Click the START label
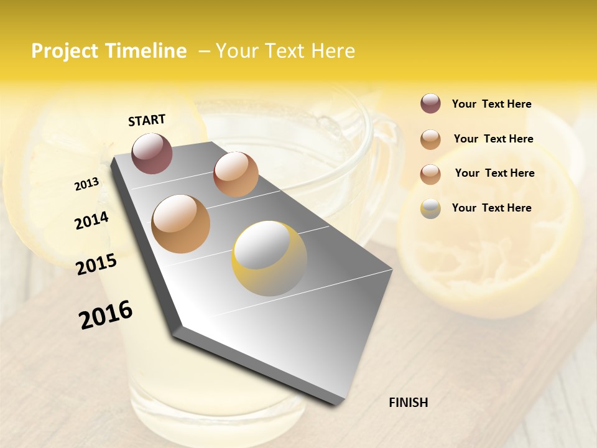coord(147,120)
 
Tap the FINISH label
coord(408,403)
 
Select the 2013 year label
coord(86,184)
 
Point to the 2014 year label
coord(91,221)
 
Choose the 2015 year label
coord(96,264)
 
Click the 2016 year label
coord(106,314)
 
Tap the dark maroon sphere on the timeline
coord(152,153)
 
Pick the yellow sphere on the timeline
coord(269,258)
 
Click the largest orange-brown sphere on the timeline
coord(181,224)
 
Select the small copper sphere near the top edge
coord(236,174)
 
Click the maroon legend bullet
coord(430,103)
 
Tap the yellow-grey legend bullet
coord(430,208)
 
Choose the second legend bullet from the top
coord(430,139)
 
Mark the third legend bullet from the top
coord(430,174)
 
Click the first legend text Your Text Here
coord(491,104)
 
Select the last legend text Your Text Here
coord(491,208)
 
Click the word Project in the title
coord(65,51)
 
